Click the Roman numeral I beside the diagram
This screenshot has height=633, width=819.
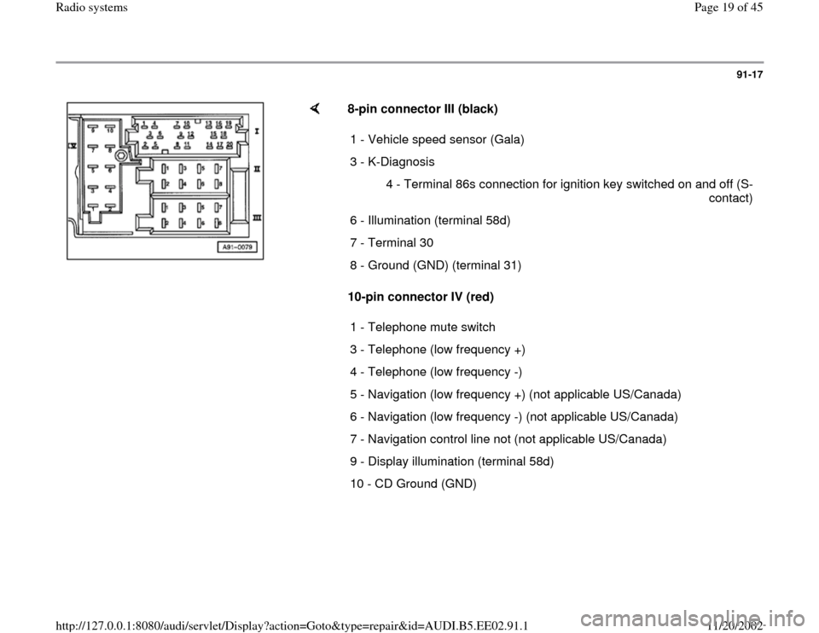click(x=256, y=132)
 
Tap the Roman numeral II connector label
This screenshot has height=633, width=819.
click(x=256, y=170)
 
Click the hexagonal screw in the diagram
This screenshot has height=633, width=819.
click(x=123, y=156)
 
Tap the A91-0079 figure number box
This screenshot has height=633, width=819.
click(x=235, y=248)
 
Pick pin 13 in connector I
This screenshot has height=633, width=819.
click(x=208, y=123)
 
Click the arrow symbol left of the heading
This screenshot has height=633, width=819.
click(x=314, y=108)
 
